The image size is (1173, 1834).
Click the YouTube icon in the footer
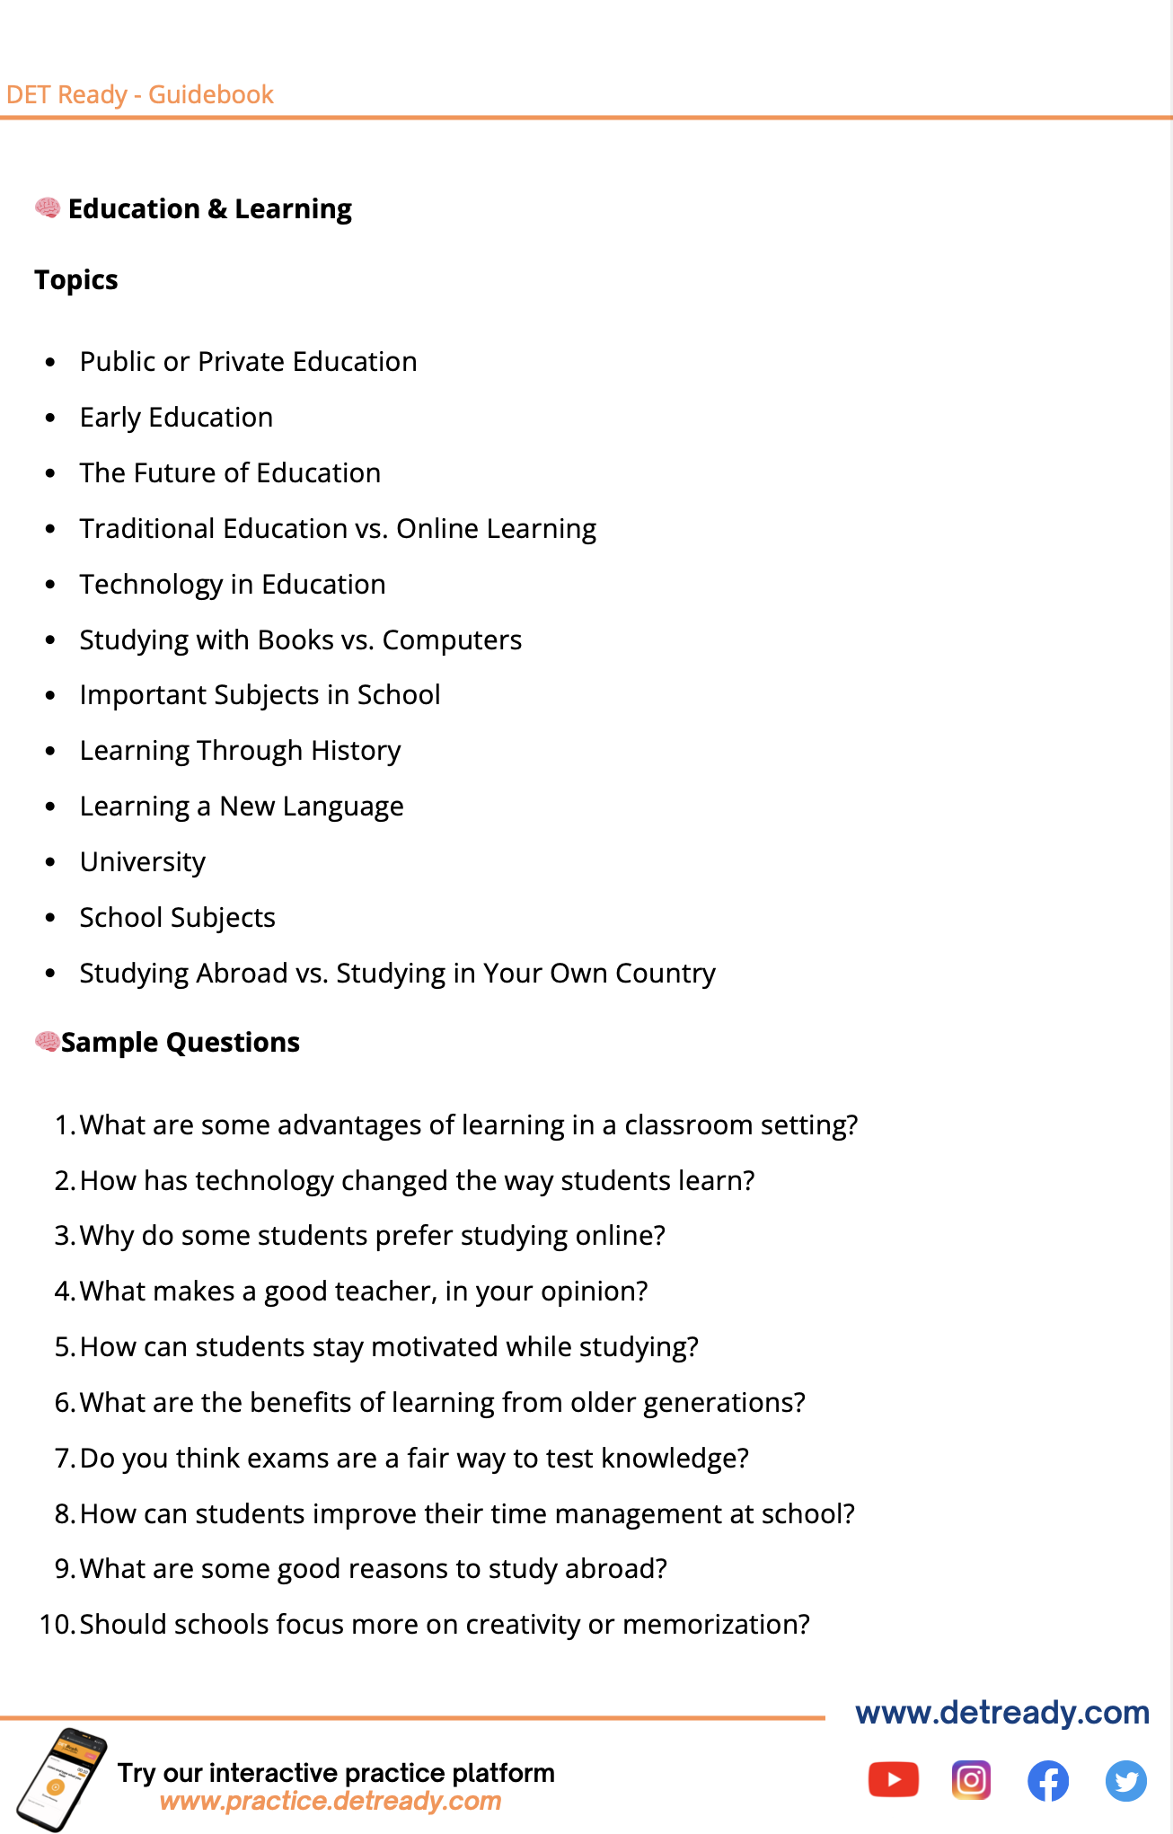coord(893,1780)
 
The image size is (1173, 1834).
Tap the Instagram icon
coord(971,1780)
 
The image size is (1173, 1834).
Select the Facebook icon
coord(1048,1781)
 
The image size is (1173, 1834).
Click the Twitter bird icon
coord(1125,1781)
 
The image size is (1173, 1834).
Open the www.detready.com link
coord(1002,1713)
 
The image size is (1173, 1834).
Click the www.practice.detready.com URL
coord(330,1801)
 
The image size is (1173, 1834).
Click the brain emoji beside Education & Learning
coord(48,208)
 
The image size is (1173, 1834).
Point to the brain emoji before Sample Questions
coord(47,1042)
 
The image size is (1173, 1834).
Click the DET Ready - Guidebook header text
coord(139,94)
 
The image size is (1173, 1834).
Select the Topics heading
coord(76,280)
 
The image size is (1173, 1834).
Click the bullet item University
coord(143,862)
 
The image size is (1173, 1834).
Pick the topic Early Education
coord(176,418)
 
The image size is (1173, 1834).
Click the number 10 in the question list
coord(56,1625)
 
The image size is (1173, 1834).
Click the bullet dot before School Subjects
coord(50,918)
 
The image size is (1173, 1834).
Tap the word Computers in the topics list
coord(452,640)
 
